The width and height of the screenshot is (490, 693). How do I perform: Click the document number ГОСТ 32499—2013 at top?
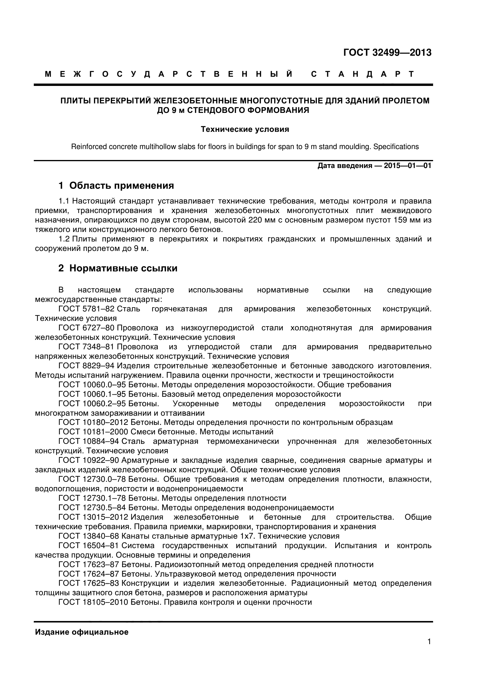[x=387, y=52]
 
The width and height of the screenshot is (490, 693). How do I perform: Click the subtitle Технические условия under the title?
[x=245, y=129]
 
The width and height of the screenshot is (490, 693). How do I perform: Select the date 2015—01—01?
[x=407, y=166]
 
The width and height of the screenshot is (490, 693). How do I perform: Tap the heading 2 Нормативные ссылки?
[x=118, y=268]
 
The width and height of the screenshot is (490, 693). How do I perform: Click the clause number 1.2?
[x=64, y=239]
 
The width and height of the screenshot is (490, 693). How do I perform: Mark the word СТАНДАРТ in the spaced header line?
[x=362, y=74]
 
